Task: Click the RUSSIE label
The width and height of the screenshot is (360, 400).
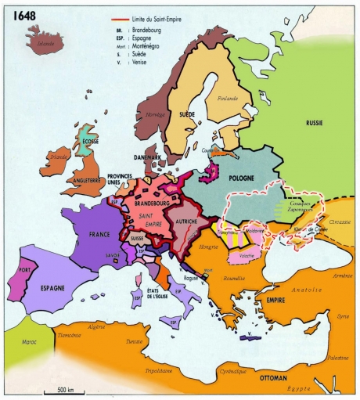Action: click(315, 123)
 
